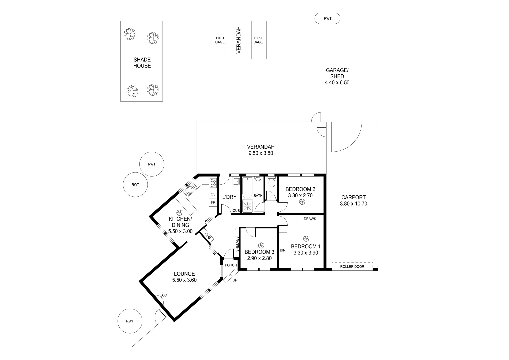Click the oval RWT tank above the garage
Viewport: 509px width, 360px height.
click(x=327, y=19)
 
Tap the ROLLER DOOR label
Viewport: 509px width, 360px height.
click(x=352, y=266)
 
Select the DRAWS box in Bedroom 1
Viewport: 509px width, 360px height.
click(x=309, y=219)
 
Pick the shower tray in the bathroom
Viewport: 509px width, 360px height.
click(x=248, y=205)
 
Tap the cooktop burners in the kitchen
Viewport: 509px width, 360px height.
click(x=213, y=183)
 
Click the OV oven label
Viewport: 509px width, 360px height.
click(x=213, y=194)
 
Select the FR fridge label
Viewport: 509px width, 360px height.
click(x=213, y=202)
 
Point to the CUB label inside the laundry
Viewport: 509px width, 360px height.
click(x=236, y=211)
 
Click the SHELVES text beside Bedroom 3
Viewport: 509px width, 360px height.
click(x=237, y=244)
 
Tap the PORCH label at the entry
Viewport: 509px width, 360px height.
click(x=231, y=265)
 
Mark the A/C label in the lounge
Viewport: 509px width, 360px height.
click(x=164, y=295)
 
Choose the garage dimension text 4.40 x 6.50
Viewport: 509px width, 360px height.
click(x=337, y=83)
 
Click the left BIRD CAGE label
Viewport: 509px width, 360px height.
click(x=220, y=40)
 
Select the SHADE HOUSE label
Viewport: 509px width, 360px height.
click(x=142, y=63)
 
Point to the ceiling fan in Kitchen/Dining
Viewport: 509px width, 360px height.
click(x=179, y=212)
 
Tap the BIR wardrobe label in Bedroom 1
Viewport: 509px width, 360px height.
click(x=283, y=250)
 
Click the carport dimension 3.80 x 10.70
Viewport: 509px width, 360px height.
click(x=353, y=204)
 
